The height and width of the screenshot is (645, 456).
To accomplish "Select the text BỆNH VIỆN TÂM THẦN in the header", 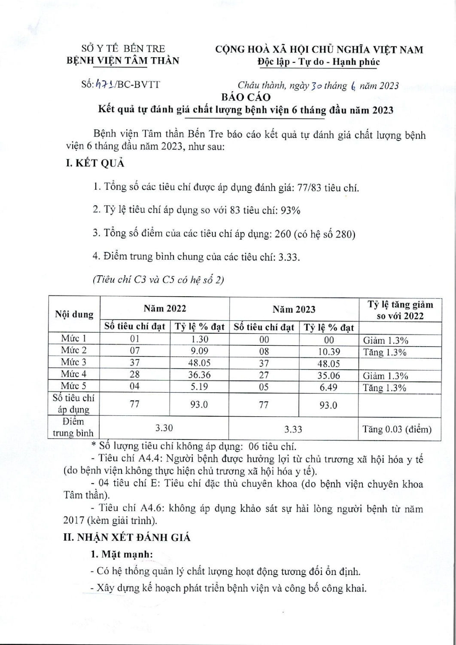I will [123, 61].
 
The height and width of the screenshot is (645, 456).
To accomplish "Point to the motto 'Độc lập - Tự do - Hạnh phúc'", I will [319, 62].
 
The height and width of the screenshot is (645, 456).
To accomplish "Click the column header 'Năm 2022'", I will [165, 308].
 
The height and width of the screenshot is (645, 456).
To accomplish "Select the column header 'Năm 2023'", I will [294, 309].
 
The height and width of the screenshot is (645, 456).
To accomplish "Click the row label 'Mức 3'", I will [73, 362].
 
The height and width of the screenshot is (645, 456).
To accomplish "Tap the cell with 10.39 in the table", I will [328, 352].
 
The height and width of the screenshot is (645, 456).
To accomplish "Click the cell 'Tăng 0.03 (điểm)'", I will [397, 429].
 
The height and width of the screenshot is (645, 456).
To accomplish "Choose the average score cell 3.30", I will [164, 429].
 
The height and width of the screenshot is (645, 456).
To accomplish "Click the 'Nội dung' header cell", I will [74, 314].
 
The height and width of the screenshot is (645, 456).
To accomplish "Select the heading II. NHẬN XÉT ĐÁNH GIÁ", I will [127, 537].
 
